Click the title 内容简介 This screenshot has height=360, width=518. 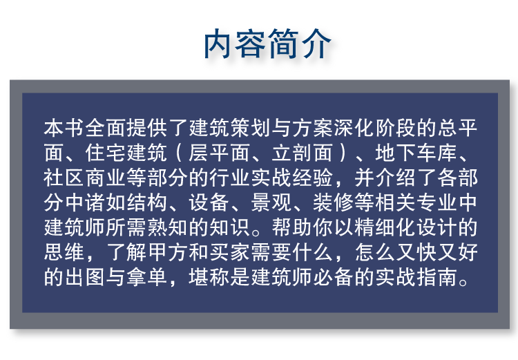pos(267,44)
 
